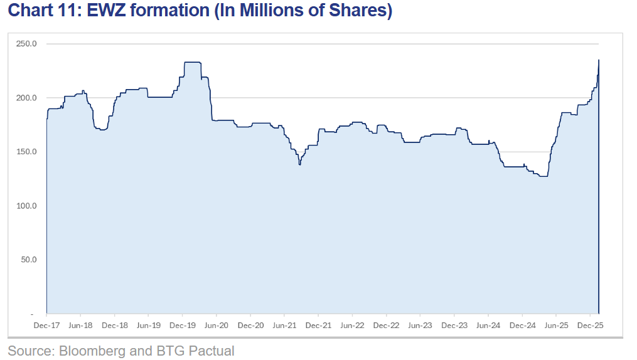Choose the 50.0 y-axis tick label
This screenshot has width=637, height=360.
click(29, 259)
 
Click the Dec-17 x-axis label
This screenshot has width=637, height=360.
click(46, 326)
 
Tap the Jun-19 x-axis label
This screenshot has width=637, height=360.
click(148, 326)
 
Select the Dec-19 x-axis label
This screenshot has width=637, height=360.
click(182, 326)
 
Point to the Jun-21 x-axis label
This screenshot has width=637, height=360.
click(284, 326)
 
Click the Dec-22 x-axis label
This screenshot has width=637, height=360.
click(386, 326)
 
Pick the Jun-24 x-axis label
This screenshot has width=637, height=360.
click(488, 326)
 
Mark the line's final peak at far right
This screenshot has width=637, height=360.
click(599, 60)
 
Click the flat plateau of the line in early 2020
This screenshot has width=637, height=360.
click(192, 62)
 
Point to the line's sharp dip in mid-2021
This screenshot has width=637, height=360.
click(300, 164)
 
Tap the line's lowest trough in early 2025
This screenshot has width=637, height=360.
click(543, 176)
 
